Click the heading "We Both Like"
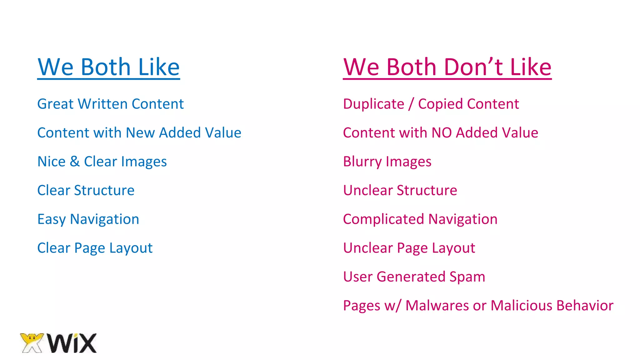[108, 67]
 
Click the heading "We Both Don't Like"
[447, 67]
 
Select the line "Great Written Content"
[110, 104]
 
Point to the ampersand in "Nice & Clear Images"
[75, 162]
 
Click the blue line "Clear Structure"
[86, 190]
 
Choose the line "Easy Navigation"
[88, 219]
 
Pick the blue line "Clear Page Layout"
[95, 248]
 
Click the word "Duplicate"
[373, 104]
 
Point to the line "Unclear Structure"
[400, 190]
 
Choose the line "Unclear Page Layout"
[409, 248]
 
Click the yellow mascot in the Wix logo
[32, 342]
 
